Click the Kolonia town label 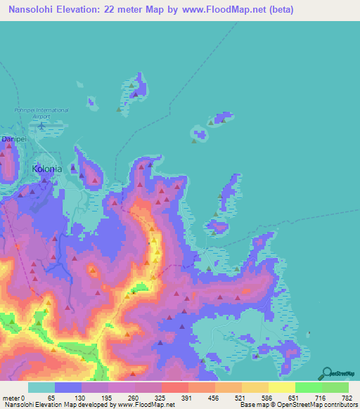click(x=47, y=169)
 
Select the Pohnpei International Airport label click(x=42, y=113)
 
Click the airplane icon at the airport click(x=41, y=126)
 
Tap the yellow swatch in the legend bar click(x=281, y=387)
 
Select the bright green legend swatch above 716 click(x=308, y=387)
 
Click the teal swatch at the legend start click(x=41, y=387)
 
